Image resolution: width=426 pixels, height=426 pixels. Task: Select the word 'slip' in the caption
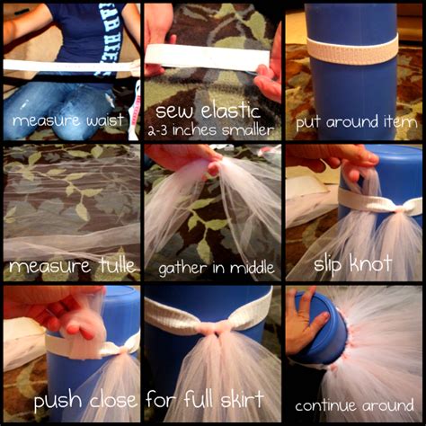[334, 264]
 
